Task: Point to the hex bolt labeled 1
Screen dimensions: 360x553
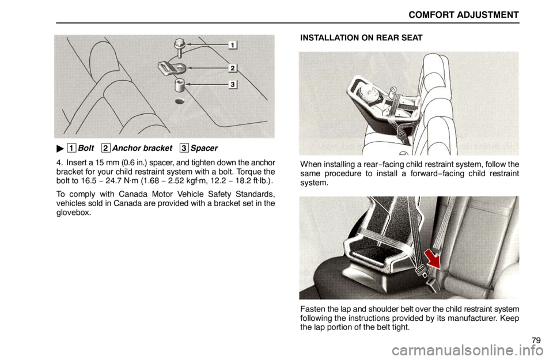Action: point(179,47)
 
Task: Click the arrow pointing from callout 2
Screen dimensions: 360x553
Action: point(207,68)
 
